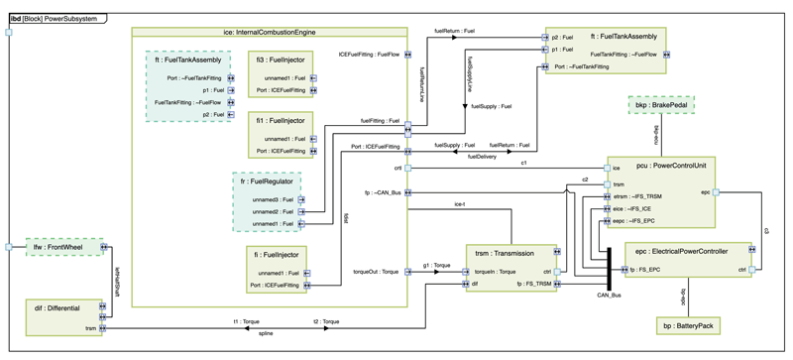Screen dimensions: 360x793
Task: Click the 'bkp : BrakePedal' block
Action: (x=663, y=104)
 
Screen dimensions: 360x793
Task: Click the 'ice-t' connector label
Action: (x=459, y=203)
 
